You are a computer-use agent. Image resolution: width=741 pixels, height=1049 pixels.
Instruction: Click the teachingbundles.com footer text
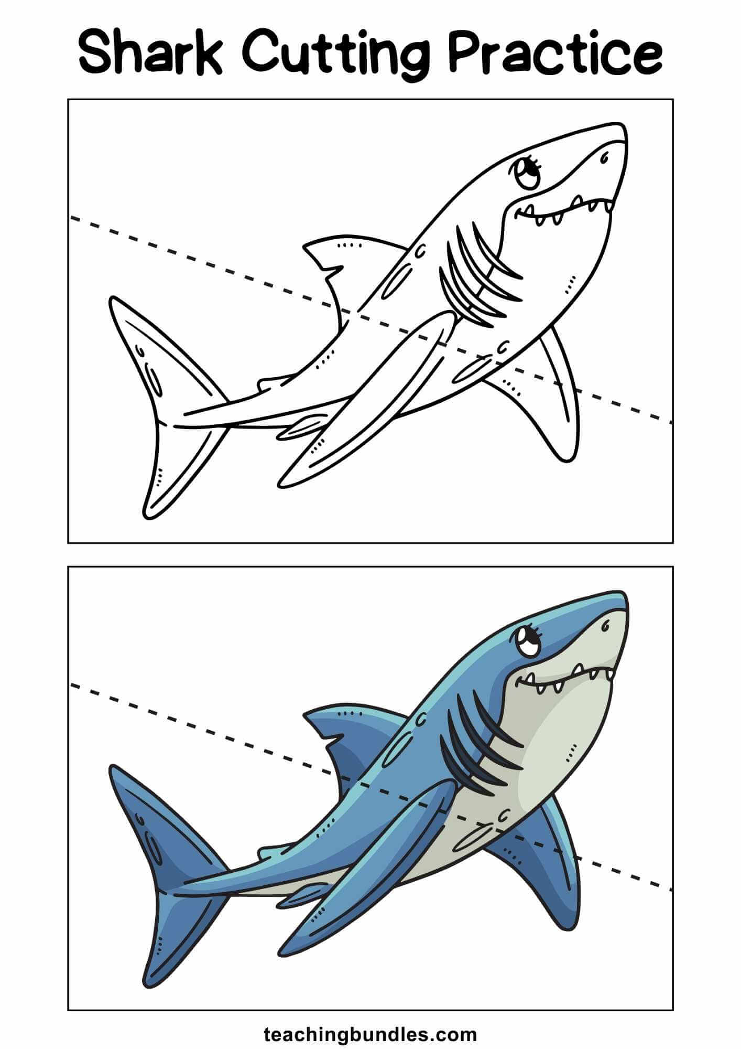pyautogui.click(x=371, y=1020)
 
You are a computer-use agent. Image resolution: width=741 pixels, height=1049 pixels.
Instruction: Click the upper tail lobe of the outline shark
pyautogui.click(x=157, y=357)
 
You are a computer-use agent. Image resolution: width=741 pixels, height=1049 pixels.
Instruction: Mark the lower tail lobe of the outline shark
pyautogui.click(x=178, y=467)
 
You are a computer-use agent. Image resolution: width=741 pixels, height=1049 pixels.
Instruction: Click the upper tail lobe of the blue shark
pyautogui.click(x=157, y=825)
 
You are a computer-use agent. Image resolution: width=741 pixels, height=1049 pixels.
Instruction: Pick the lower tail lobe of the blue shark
pyautogui.click(x=178, y=935)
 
